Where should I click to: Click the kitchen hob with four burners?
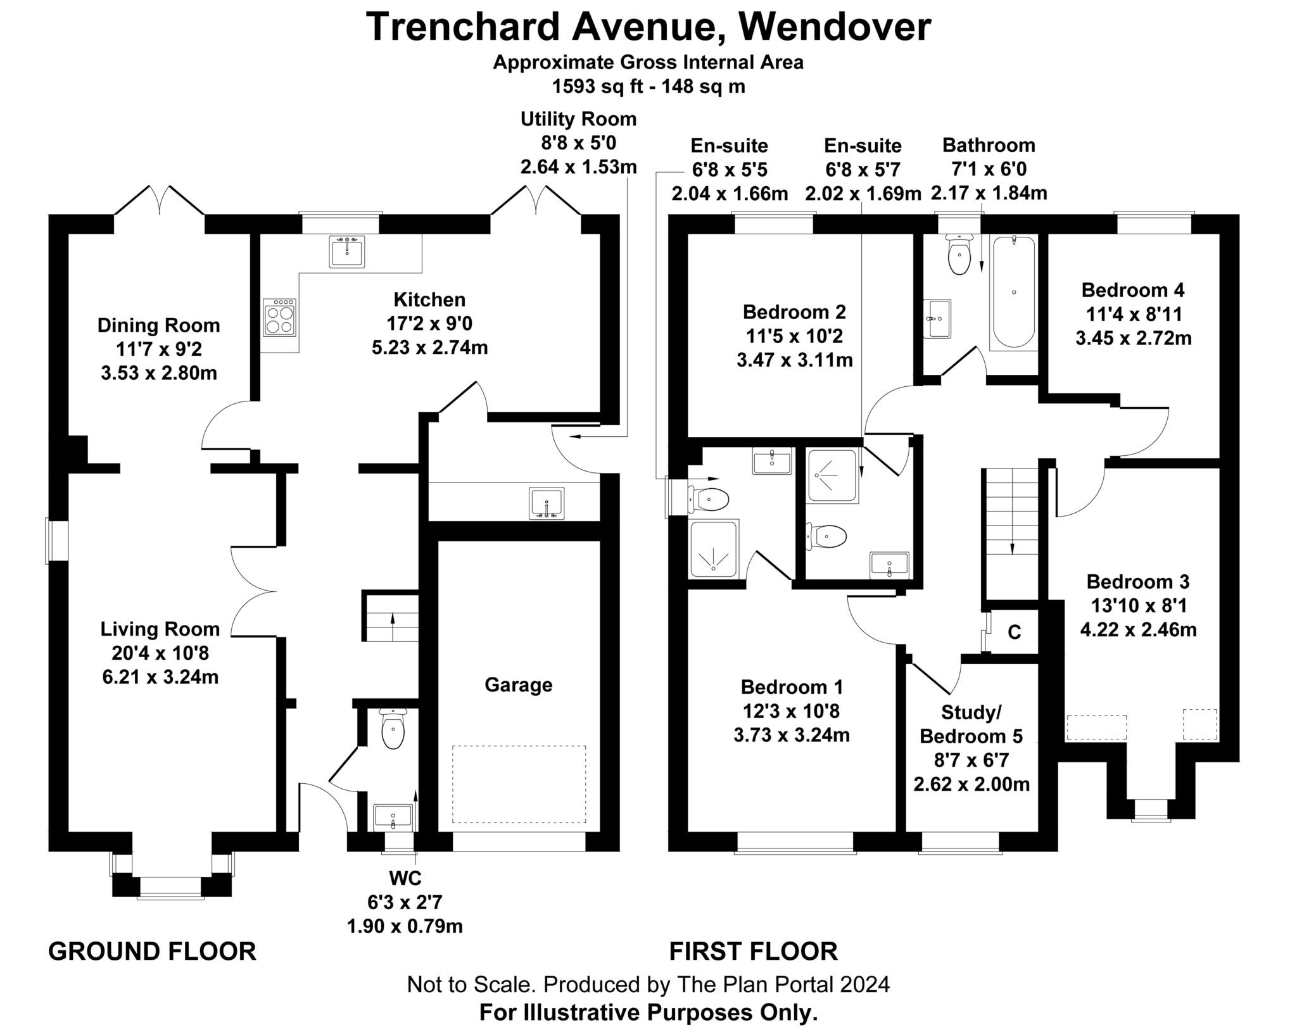coord(279,317)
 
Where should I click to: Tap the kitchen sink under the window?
coord(347,251)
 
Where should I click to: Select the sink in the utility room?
coord(547,504)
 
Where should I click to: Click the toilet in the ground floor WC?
coord(393,729)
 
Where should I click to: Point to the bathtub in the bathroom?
coord(1013,292)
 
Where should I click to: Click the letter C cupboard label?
coord(1014,632)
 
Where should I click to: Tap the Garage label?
coord(518,685)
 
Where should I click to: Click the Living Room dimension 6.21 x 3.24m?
coord(160,677)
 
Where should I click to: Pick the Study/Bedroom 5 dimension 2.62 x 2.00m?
coord(971,784)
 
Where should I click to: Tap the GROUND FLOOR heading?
coord(152,952)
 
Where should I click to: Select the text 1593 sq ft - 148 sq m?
coord(648,87)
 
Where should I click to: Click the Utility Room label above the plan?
coord(578,119)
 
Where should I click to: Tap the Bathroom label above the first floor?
coord(988,145)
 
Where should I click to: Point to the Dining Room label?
coord(158,325)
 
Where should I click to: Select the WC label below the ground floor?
coord(405,878)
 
